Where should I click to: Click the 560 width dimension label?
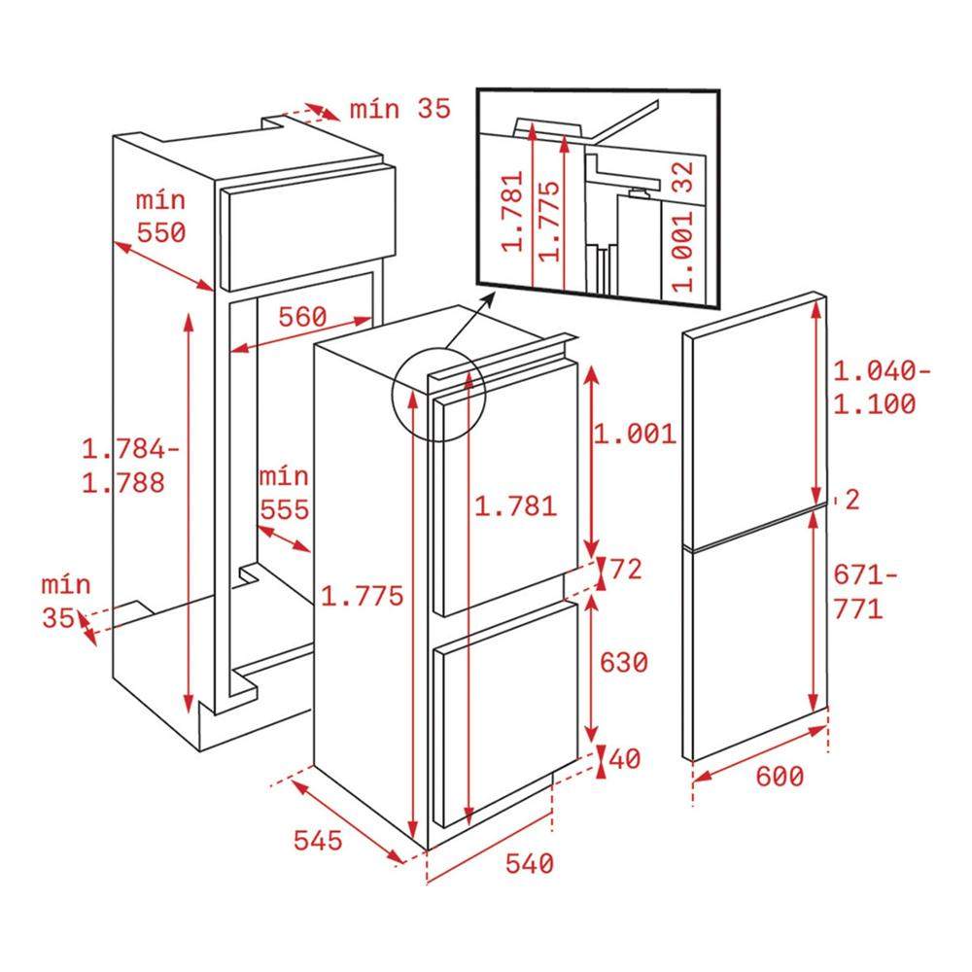[302, 318]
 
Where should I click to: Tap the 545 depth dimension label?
[318, 841]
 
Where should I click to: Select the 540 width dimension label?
[530, 863]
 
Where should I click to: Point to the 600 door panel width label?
[780, 776]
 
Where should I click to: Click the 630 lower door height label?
[624, 662]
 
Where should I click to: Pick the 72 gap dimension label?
[626, 569]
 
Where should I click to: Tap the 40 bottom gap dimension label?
[625, 759]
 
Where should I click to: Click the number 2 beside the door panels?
[852, 501]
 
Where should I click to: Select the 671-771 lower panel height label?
[865, 592]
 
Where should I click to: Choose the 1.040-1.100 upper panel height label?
[882, 388]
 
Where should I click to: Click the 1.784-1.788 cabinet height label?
[130, 466]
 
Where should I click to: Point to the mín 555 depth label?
[284, 493]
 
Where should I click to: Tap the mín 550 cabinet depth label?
[160, 217]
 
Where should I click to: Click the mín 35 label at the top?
[399, 109]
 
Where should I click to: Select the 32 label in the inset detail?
[682, 177]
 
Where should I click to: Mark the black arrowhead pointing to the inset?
[489, 298]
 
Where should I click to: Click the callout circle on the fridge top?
[438, 394]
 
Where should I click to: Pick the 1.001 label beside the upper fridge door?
[635, 434]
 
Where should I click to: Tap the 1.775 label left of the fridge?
[362, 596]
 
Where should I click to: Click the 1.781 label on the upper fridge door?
[516, 506]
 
